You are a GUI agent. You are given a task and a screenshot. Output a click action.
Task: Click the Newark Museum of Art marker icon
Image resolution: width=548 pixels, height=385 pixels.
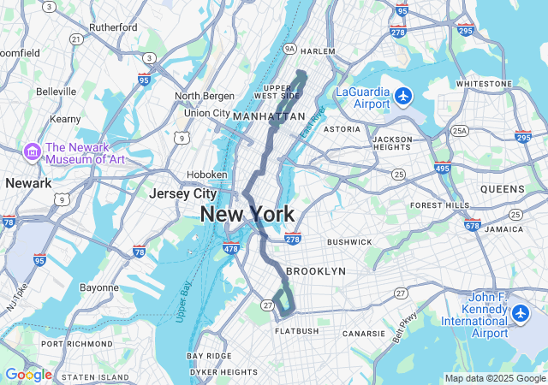point(33,151)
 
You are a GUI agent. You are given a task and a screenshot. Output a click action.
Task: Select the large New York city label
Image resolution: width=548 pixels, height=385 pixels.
point(247,215)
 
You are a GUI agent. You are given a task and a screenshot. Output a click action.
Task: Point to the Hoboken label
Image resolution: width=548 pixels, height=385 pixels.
point(206,175)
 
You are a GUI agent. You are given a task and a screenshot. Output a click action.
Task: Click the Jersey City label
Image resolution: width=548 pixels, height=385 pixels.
point(182,193)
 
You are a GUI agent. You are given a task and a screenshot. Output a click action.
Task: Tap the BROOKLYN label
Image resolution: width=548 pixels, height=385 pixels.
point(316,270)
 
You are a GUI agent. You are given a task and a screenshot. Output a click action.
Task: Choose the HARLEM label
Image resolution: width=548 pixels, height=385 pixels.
point(318,51)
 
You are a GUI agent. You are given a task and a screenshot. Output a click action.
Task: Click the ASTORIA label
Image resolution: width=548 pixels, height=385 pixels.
point(342,129)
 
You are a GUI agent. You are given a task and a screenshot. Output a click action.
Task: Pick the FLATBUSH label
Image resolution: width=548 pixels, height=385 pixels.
point(296,330)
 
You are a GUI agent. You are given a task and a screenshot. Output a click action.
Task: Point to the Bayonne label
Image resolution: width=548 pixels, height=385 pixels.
point(99,287)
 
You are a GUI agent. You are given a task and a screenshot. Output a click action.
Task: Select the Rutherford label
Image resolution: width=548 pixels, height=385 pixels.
point(112,27)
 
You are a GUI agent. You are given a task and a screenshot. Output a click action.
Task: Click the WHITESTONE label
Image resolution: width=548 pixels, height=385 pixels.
point(484,84)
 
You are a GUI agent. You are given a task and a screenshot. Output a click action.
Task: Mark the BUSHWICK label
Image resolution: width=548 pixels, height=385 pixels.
point(349,242)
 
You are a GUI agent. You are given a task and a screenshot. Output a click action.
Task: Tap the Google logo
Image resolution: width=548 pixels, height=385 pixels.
point(28,375)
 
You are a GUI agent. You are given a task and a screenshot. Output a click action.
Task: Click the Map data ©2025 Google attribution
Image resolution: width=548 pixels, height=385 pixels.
point(494,378)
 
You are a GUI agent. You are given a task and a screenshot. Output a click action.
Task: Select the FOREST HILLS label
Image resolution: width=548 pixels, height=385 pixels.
point(439,205)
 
